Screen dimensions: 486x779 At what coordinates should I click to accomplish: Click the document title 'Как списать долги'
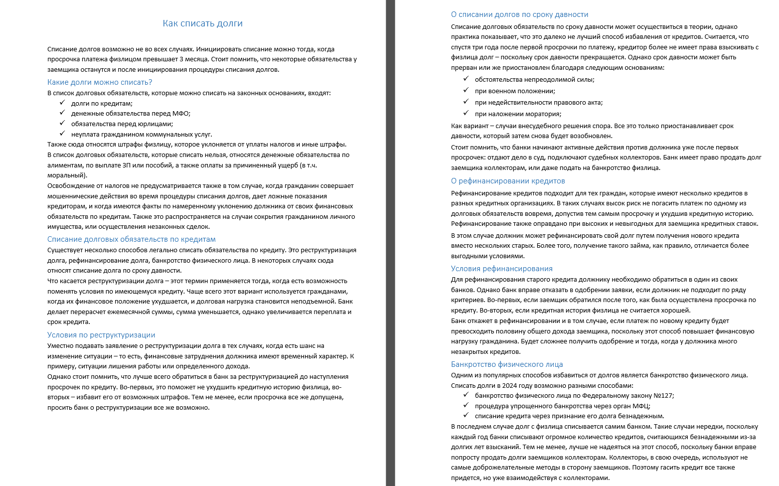(202, 23)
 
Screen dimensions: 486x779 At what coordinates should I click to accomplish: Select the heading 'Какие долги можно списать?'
(100, 82)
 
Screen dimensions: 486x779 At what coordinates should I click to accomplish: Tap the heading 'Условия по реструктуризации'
(101, 335)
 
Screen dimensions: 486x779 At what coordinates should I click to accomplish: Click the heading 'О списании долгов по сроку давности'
(519, 14)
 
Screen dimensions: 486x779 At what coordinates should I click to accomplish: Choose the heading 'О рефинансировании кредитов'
(508, 181)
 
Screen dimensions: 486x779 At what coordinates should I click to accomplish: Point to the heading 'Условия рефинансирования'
(501, 269)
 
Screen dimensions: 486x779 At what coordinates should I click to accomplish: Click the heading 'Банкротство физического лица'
(507, 364)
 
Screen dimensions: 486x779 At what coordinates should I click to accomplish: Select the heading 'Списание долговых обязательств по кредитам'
(132, 239)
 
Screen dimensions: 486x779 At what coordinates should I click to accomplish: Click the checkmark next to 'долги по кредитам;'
(62, 103)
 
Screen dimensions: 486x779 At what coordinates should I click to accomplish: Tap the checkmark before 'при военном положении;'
(466, 90)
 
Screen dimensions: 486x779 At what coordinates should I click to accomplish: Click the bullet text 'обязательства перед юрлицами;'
(122, 124)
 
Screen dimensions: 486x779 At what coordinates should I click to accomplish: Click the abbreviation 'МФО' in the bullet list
(181, 114)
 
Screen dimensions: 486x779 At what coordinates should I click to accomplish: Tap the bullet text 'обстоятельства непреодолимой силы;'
(534, 80)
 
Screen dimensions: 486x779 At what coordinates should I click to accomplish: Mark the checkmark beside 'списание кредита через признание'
(466, 415)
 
